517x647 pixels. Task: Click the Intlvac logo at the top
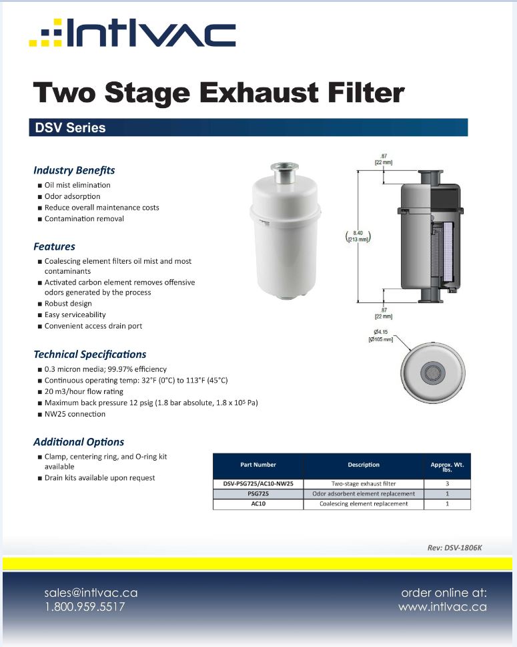pos(132,33)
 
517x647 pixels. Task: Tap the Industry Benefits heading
pos(74,170)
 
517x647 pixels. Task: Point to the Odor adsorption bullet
pos(72,196)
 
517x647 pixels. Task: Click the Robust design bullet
pos(68,304)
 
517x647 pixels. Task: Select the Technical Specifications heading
pos(89,355)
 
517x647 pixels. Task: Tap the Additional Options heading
pos(79,442)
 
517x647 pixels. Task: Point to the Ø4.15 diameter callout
pos(382,336)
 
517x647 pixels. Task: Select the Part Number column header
pos(257,465)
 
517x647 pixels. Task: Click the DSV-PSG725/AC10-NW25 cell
pos(258,483)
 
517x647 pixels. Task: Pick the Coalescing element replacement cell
pos(364,504)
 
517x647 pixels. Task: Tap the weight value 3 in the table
pos(446,483)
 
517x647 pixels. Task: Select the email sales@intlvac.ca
pos(91,593)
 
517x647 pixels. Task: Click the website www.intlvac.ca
pos(442,607)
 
